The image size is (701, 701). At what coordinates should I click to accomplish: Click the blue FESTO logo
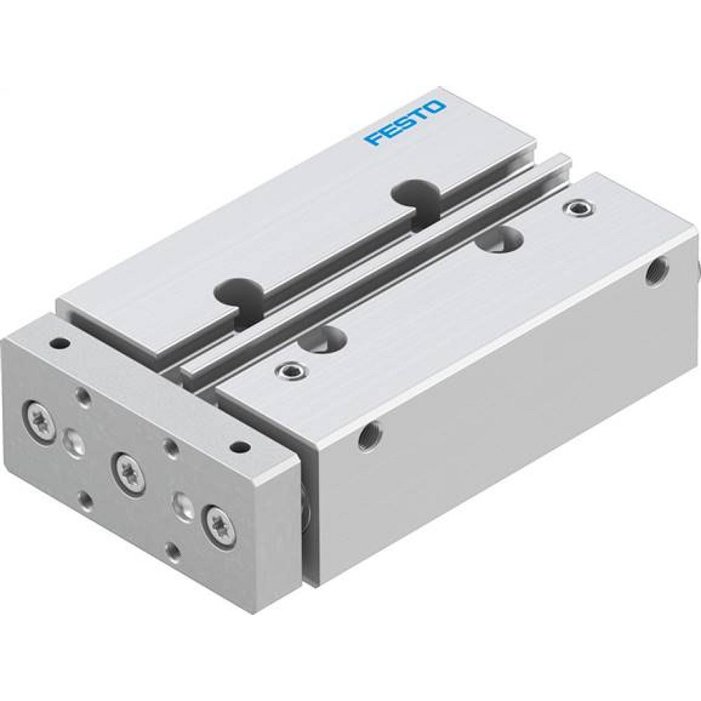coord(404,123)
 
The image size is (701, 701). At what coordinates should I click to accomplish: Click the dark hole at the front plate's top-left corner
coord(59,344)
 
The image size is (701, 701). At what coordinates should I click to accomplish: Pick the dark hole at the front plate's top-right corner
coord(239,445)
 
